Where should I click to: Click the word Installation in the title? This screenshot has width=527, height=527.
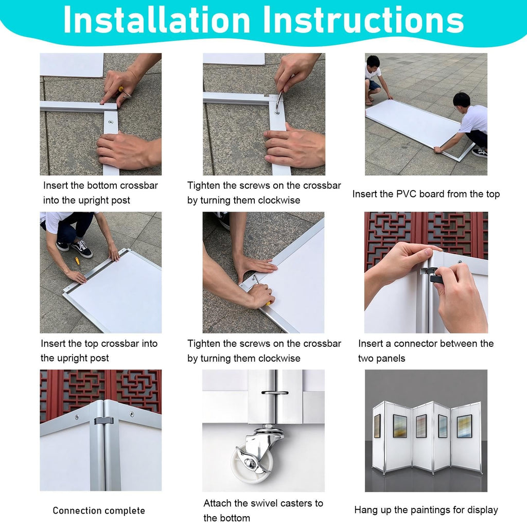pyautogui.click(x=156, y=20)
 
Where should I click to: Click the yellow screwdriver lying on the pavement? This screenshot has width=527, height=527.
pyautogui.click(x=77, y=260)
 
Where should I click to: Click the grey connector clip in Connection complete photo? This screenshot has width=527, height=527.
pyautogui.click(x=104, y=420)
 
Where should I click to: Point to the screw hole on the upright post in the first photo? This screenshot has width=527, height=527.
pyautogui.click(x=111, y=122)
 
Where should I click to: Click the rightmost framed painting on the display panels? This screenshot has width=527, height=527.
pyautogui.click(x=464, y=426)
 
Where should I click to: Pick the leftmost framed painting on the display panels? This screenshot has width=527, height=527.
pyautogui.click(x=377, y=426)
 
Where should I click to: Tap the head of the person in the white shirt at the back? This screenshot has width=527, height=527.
pyautogui.click(x=373, y=62)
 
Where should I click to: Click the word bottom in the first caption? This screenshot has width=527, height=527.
pyautogui.click(x=102, y=185)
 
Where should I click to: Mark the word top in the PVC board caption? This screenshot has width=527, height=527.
pyautogui.click(x=493, y=195)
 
